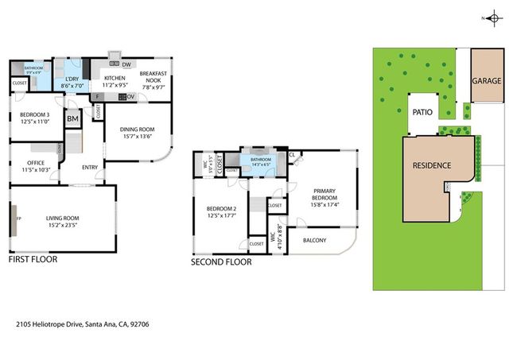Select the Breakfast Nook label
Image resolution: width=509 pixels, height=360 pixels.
[151, 77]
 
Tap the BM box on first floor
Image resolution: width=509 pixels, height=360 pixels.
[72, 119]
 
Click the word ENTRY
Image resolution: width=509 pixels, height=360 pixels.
[90, 167]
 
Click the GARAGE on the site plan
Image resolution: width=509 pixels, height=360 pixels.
[486, 81]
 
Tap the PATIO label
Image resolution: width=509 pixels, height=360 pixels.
[422, 112]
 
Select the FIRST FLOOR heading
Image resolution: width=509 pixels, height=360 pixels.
[35, 260]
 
